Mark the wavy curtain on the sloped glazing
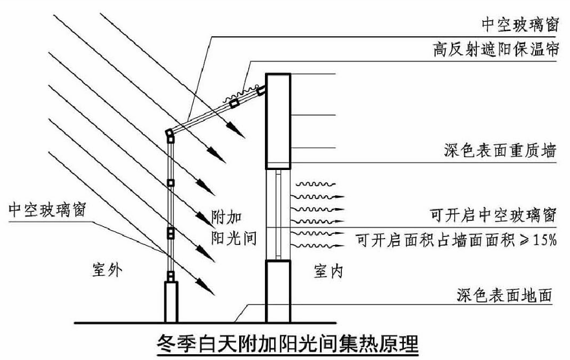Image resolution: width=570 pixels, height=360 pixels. tap(242, 94)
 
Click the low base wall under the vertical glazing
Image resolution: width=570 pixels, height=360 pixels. tap(171, 301)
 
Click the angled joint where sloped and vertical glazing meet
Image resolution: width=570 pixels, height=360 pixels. tap(169, 134)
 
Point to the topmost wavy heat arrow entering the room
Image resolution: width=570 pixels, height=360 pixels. tap(317, 185)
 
